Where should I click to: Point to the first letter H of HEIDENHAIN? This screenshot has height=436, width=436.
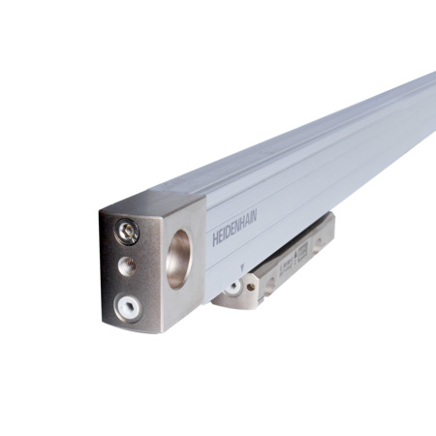(x=216, y=239)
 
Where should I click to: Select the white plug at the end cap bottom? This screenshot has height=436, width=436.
(x=126, y=304)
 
